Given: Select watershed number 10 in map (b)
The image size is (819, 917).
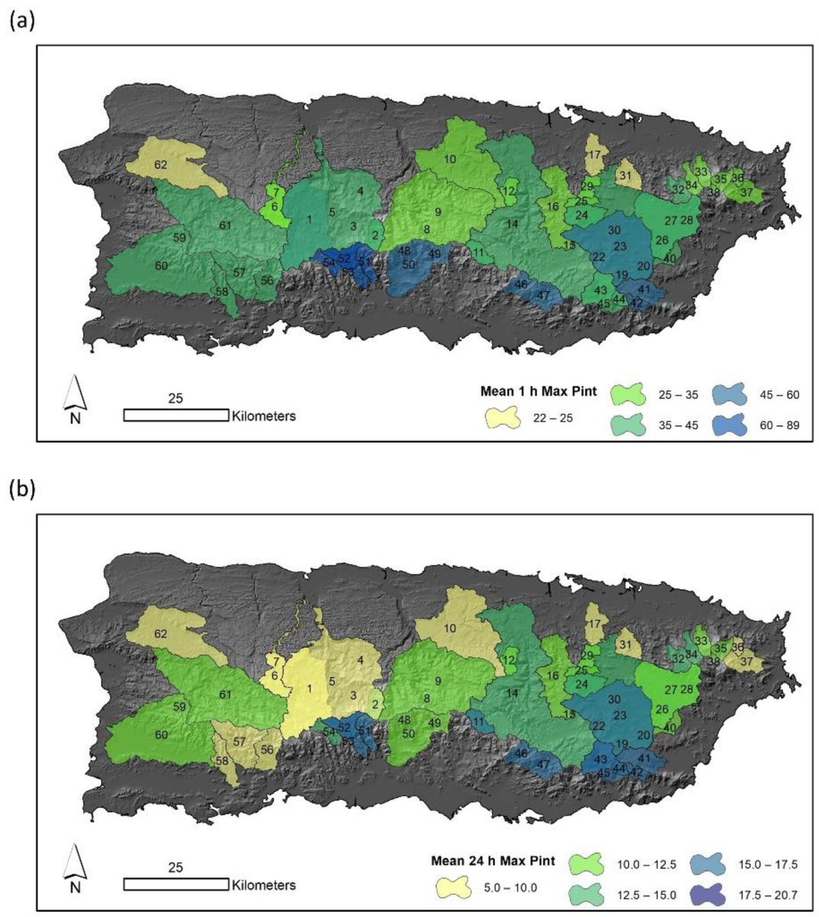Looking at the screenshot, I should (x=450, y=627).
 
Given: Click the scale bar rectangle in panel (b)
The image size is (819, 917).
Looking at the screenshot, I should (x=176, y=884).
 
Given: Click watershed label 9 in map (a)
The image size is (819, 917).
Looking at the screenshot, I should (x=439, y=212).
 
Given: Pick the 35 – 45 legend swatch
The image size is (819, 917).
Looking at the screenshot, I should (x=632, y=424).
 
